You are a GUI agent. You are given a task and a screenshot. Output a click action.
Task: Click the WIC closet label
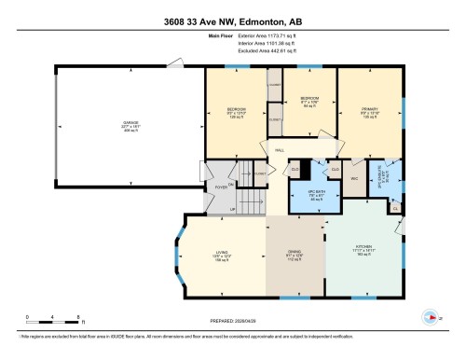point(355,177)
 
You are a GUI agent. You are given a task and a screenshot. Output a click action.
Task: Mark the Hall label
point(280,148)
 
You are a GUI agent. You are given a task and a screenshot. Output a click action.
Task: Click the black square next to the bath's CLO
point(295,169)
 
